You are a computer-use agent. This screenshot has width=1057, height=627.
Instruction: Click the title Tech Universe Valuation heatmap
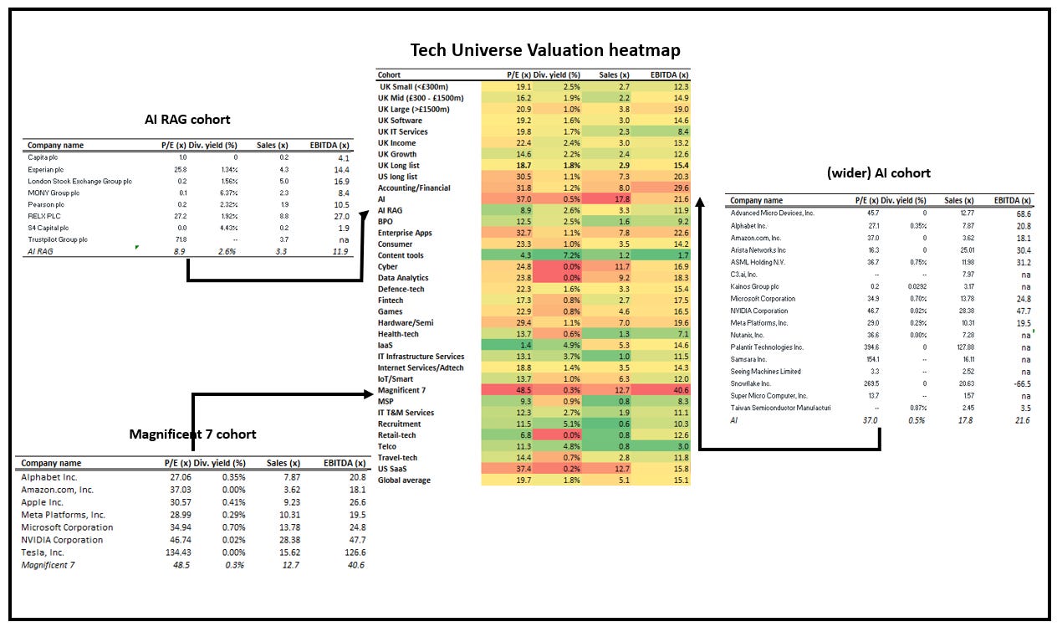tap(544, 50)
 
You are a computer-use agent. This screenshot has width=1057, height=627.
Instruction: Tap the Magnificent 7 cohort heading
tap(192, 434)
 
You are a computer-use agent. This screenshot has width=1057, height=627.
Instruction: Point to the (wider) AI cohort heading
tap(878, 172)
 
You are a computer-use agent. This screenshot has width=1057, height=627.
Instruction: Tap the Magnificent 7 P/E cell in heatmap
tap(500, 390)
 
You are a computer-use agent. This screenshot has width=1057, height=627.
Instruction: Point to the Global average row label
tap(404, 481)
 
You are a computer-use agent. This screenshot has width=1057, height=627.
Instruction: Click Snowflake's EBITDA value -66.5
tap(1018, 383)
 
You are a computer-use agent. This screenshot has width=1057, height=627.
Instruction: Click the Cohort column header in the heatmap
tap(390, 75)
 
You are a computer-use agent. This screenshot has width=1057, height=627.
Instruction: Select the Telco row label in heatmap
tap(387, 446)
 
